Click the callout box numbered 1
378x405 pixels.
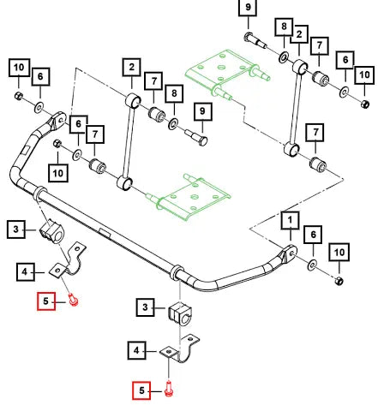click(290, 220)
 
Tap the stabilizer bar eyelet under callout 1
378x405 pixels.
click(289, 254)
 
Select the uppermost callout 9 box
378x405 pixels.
click(248, 7)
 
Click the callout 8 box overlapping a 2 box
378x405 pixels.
click(284, 27)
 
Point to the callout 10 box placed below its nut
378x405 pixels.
click(58, 173)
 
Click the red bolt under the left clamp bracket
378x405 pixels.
click(74, 300)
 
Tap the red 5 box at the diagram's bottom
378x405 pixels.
click(141, 390)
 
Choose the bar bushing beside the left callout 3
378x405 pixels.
click(51, 231)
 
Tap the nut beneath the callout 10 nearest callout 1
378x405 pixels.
click(339, 281)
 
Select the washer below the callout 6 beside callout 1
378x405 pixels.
click(312, 265)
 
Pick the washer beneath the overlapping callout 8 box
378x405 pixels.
click(284, 57)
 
